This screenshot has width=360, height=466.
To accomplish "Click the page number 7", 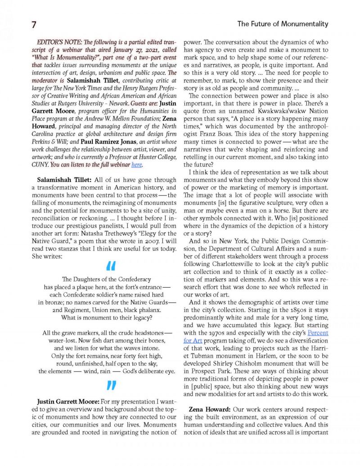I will (x=34, y=24).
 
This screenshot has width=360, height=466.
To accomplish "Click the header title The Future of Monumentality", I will (x=283, y=24).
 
